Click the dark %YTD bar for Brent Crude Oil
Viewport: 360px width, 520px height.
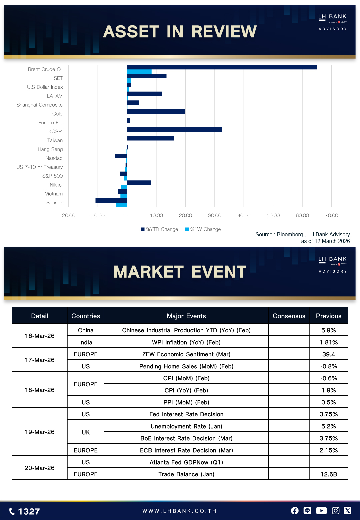[222, 67]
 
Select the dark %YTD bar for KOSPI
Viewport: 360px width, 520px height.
[174, 129]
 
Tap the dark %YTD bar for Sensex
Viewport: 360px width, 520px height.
[111, 200]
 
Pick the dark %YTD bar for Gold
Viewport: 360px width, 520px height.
[156, 112]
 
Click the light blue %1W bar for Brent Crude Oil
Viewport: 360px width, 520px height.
[139, 72]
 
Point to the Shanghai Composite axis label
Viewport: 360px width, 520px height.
[39, 105]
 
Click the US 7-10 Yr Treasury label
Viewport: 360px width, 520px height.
[39, 167]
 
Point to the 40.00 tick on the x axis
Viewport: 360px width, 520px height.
[244, 215]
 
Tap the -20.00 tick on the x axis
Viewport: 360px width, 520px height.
[68, 215]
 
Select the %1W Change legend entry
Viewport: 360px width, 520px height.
[203, 229]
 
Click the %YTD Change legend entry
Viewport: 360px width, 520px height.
[160, 229]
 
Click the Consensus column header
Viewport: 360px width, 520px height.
[289, 316]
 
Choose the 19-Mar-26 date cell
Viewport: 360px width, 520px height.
[40, 432]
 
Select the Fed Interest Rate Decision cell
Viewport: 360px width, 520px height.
[186, 414]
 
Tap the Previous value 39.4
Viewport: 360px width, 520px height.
[328, 354]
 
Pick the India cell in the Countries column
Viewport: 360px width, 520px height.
[86, 342]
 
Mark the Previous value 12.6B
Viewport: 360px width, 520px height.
[328, 474]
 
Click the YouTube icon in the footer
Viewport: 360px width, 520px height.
[321, 511]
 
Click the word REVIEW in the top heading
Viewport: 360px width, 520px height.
[224, 32]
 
